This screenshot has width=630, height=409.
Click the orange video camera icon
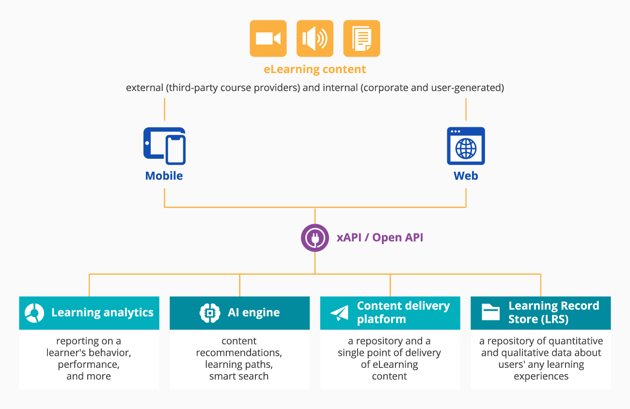click(x=268, y=38)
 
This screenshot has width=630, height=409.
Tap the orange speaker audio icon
click(x=315, y=38)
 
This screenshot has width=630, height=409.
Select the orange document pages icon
click(x=362, y=38)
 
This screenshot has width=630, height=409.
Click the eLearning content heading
click(x=315, y=69)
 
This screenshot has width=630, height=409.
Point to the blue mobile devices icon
click(x=164, y=146)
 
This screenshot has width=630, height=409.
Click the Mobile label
click(x=164, y=176)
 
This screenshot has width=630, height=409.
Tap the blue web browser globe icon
click(x=466, y=146)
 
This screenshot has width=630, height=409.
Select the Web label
click(x=466, y=176)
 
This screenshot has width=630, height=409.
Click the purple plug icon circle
click(x=315, y=238)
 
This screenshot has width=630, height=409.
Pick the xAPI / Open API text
click(x=380, y=238)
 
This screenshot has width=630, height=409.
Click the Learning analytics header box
click(x=89, y=313)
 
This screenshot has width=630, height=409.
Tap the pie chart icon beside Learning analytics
click(x=35, y=313)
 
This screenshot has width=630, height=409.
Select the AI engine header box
click(x=239, y=313)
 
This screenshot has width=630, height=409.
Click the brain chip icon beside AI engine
click(x=210, y=313)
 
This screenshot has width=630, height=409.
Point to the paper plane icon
click(x=340, y=313)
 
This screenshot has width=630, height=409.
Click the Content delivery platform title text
click(x=403, y=313)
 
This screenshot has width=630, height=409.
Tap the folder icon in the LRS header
click(x=490, y=313)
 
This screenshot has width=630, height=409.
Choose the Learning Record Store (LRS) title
click(x=553, y=313)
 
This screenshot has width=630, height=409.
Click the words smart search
click(x=239, y=376)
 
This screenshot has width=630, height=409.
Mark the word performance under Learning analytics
click(x=89, y=364)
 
